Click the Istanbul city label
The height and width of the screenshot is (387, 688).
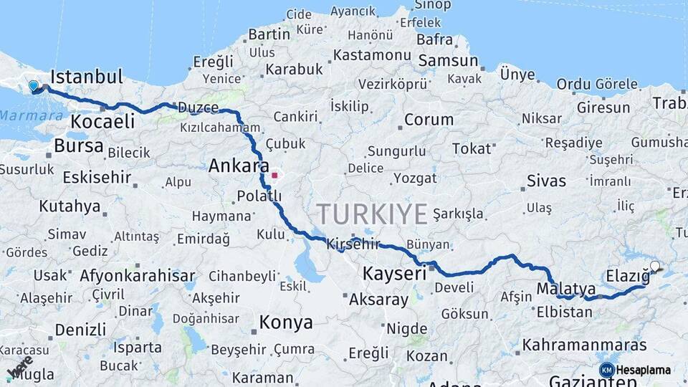[87, 76]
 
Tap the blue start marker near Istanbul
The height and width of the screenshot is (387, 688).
[33, 87]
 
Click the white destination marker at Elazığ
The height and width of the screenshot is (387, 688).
[654, 267]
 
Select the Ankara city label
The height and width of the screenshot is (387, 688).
[234, 166]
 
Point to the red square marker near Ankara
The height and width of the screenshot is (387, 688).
[274, 174]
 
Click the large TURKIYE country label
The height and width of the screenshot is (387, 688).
[372, 214]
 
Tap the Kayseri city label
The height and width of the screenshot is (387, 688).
[394, 273]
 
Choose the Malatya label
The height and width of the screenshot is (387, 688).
[566, 289]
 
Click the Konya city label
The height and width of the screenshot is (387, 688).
[286, 322]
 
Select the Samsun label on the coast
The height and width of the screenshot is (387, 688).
[448, 60]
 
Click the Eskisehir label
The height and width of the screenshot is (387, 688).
[97, 177]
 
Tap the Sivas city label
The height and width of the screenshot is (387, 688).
[546, 180]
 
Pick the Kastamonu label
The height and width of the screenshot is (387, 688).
[371, 55]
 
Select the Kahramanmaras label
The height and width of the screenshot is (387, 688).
[584, 345]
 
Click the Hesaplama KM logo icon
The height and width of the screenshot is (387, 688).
[606, 370]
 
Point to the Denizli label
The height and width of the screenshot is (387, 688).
[80, 330]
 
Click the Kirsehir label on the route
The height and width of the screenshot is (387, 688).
[353, 244]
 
